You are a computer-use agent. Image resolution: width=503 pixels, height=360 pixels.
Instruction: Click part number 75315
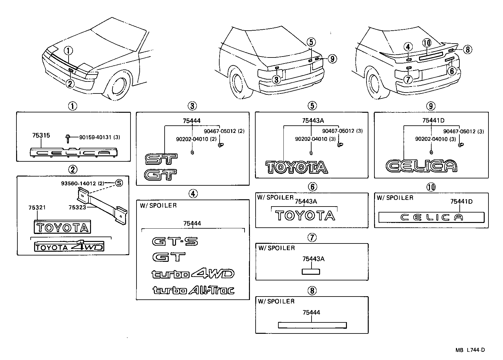41,135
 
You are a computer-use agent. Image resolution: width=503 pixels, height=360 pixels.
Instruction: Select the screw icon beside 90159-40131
68,137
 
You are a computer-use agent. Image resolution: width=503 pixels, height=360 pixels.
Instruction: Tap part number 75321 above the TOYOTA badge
37,207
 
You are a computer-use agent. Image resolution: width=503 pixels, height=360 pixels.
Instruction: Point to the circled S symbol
118,183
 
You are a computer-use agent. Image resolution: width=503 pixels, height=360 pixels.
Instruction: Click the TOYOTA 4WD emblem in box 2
69,247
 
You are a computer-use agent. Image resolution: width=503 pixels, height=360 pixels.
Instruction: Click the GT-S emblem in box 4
175,242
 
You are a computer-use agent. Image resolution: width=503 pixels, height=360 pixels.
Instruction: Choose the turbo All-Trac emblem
193,290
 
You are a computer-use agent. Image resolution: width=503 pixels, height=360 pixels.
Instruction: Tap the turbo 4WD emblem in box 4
193,273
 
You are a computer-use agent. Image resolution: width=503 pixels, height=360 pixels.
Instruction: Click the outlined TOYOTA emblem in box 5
296,167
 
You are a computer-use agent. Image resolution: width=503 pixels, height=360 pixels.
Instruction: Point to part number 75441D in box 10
461,201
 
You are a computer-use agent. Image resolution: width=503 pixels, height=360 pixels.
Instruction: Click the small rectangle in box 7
311,272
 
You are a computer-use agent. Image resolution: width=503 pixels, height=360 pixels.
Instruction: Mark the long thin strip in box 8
312,325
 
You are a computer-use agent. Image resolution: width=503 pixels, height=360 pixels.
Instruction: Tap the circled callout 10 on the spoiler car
427,43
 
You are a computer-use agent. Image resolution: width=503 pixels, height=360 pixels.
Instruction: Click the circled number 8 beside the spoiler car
468,49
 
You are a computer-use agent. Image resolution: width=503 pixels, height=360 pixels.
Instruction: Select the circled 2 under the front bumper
70,83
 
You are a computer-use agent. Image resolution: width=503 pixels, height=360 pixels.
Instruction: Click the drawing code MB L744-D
470,350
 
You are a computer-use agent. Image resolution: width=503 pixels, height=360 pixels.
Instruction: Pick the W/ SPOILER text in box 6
275,197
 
